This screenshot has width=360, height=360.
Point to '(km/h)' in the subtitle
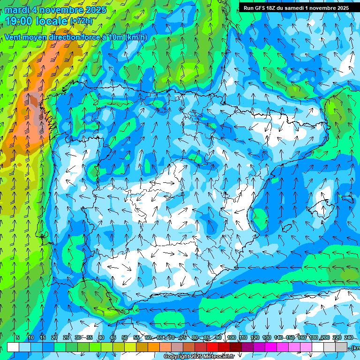pyautogui.click(x=136, y=37)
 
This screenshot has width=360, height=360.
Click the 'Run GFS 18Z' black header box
pyautogui.click(x=296, y=7)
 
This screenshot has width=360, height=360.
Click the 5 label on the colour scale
pyautogui.click(x=18, y=338)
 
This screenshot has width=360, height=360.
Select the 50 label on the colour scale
pyautogui.click(x=125, y=338)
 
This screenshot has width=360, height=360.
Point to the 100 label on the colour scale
pyautogui.click(x=231, y=338)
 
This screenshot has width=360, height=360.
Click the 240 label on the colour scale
pyautogui.click(x=349, y=338)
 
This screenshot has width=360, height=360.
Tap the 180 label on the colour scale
pyautogui.click(x=314, y=338)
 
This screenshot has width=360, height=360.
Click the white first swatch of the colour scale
pyautogui.click(x=13, y=347)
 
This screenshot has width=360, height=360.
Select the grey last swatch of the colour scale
pyautogui.click(x=342, y=347)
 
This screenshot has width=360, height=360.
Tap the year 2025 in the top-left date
pyautogui.click(x=96, y=10)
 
